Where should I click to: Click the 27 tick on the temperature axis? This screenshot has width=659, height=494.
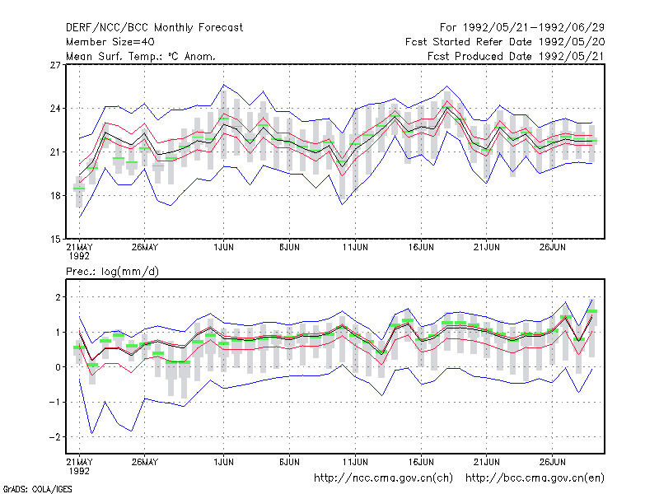pos(55,65)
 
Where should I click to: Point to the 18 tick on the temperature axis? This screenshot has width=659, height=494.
pos(55,195)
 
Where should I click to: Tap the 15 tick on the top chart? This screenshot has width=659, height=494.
pos(55,239)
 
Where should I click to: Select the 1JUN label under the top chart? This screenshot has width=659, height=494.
pos(223,247)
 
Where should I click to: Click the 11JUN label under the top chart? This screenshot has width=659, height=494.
pos(355,247)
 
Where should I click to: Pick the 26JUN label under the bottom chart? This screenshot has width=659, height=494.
pos(552,462)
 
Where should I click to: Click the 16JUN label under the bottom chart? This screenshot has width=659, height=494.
pos(421,462)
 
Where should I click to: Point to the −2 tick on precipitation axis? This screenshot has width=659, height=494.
pos(54,437)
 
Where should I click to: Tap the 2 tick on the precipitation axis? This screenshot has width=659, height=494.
pos(58,297)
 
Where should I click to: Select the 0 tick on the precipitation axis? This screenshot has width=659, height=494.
pos(58,367)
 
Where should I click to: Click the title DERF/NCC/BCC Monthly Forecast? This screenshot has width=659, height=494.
pos(154,28)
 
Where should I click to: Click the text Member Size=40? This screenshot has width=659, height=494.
pos(110,42)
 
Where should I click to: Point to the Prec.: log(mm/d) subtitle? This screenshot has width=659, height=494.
pos(112,272)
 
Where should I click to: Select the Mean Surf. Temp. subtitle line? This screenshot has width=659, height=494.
pos(140,56)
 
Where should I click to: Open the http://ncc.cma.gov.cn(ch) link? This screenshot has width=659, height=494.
pos(383,478)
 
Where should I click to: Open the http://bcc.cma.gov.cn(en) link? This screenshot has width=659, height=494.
pos(535,478)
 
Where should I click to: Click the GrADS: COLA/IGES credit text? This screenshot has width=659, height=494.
pos(37,489)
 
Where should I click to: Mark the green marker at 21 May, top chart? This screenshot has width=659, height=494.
pos(79,189)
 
